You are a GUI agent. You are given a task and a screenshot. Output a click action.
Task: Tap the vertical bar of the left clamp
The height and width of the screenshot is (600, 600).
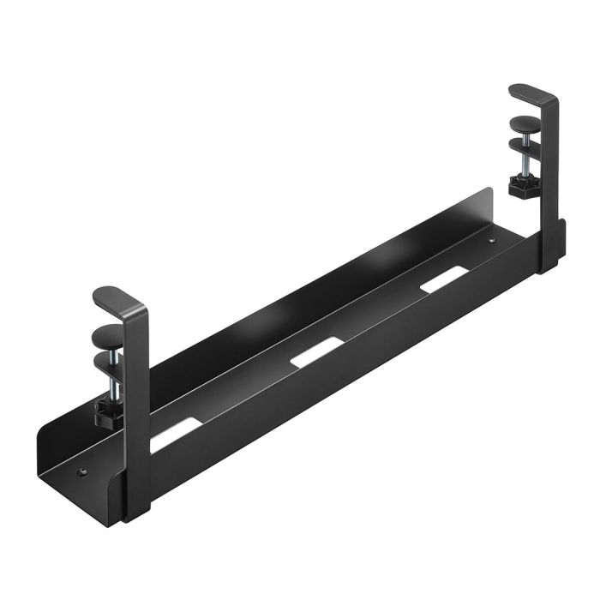135,403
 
